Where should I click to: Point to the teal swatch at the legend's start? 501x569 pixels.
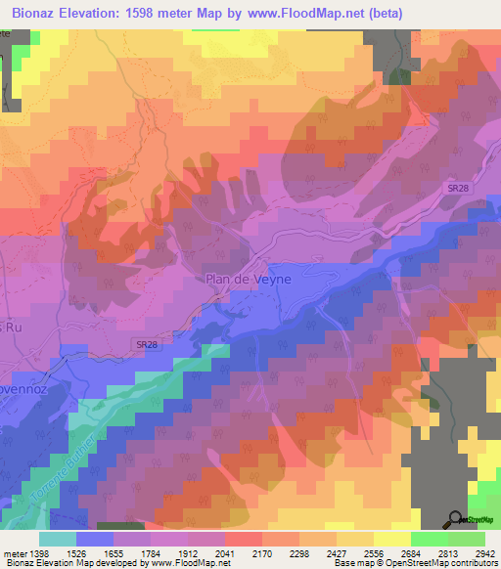click(x=58, y=538)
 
